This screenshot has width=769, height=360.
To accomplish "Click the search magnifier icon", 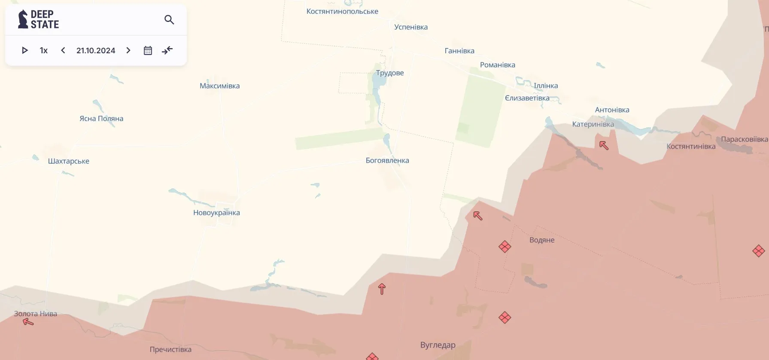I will click(x=169, y=20).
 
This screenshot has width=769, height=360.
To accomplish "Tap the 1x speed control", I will click(x=44, y=51).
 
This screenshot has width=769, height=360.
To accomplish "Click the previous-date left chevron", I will click(x=63, y=51).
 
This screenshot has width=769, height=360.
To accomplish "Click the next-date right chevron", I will click(x=128, y=51).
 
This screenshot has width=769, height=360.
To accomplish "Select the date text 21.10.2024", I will click(x=96, y=51).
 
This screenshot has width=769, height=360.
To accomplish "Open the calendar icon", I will click(x=148, y=51).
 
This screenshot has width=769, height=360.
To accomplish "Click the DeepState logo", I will click(x=38, y=19).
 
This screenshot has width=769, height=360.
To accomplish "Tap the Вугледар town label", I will click(x=438, y=345).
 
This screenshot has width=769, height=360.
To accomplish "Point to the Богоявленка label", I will click(x=387, y=161).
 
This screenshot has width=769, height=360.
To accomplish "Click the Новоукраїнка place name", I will click(x=216, y=213).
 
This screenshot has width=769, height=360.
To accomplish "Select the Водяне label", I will click(x=542, y=240).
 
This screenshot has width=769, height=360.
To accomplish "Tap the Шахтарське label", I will click(x=69, y=161).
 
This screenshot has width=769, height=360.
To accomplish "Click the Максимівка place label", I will click(x=219, y=86).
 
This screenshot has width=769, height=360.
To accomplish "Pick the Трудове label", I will click(x=390, y=73).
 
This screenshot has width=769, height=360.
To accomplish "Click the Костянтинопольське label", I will click(x=342, y=12).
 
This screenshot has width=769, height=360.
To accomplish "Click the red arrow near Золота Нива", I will click(x=28, y=322).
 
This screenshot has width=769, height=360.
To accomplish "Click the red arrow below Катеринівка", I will click(x=604, y=146).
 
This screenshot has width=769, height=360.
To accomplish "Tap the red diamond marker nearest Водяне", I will click(x=505, y=247).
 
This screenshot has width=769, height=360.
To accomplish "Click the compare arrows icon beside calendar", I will click(x=167, y=51).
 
